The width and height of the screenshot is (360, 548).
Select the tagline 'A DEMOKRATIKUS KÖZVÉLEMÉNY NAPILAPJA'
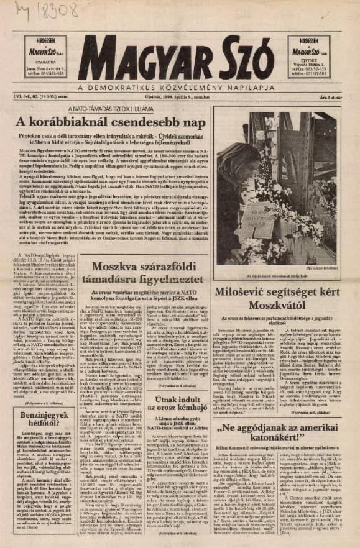coord(180,88)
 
